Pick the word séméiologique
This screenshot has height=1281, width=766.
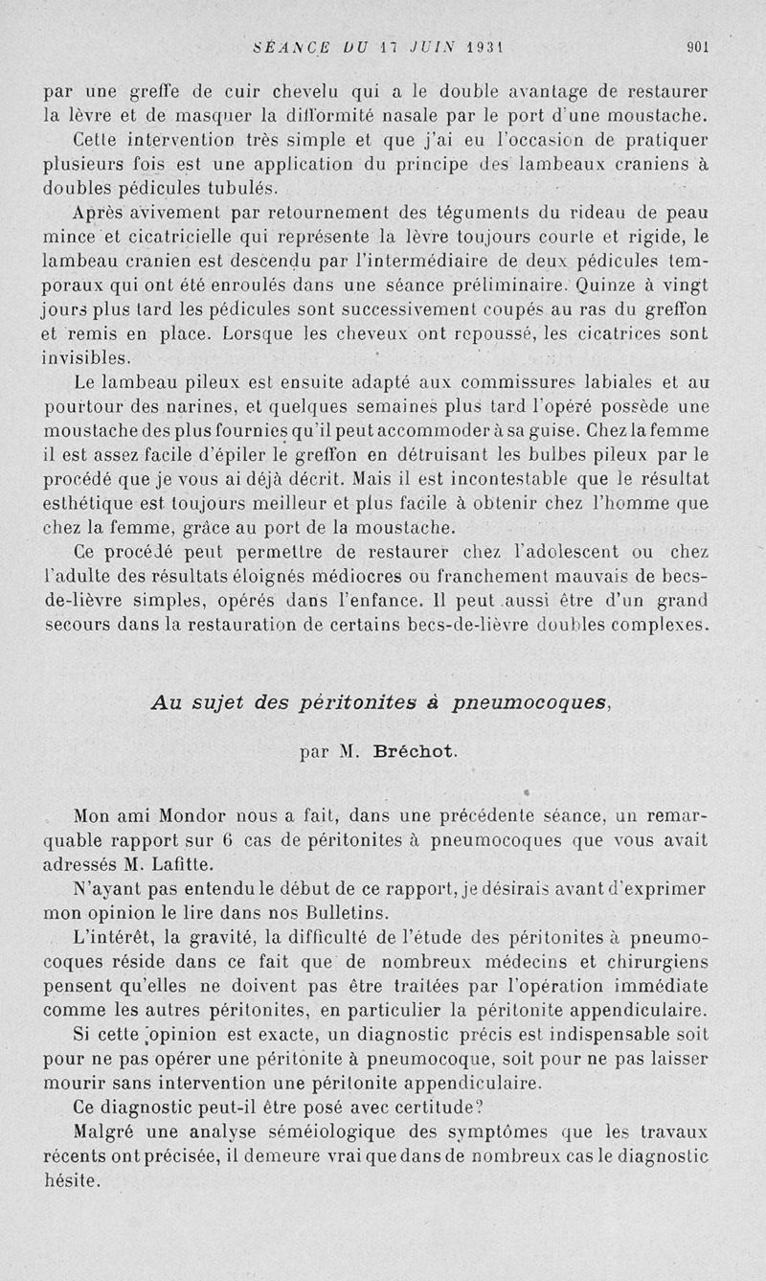click(307, 1132)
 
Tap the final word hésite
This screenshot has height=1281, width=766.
click(71, 1181)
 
